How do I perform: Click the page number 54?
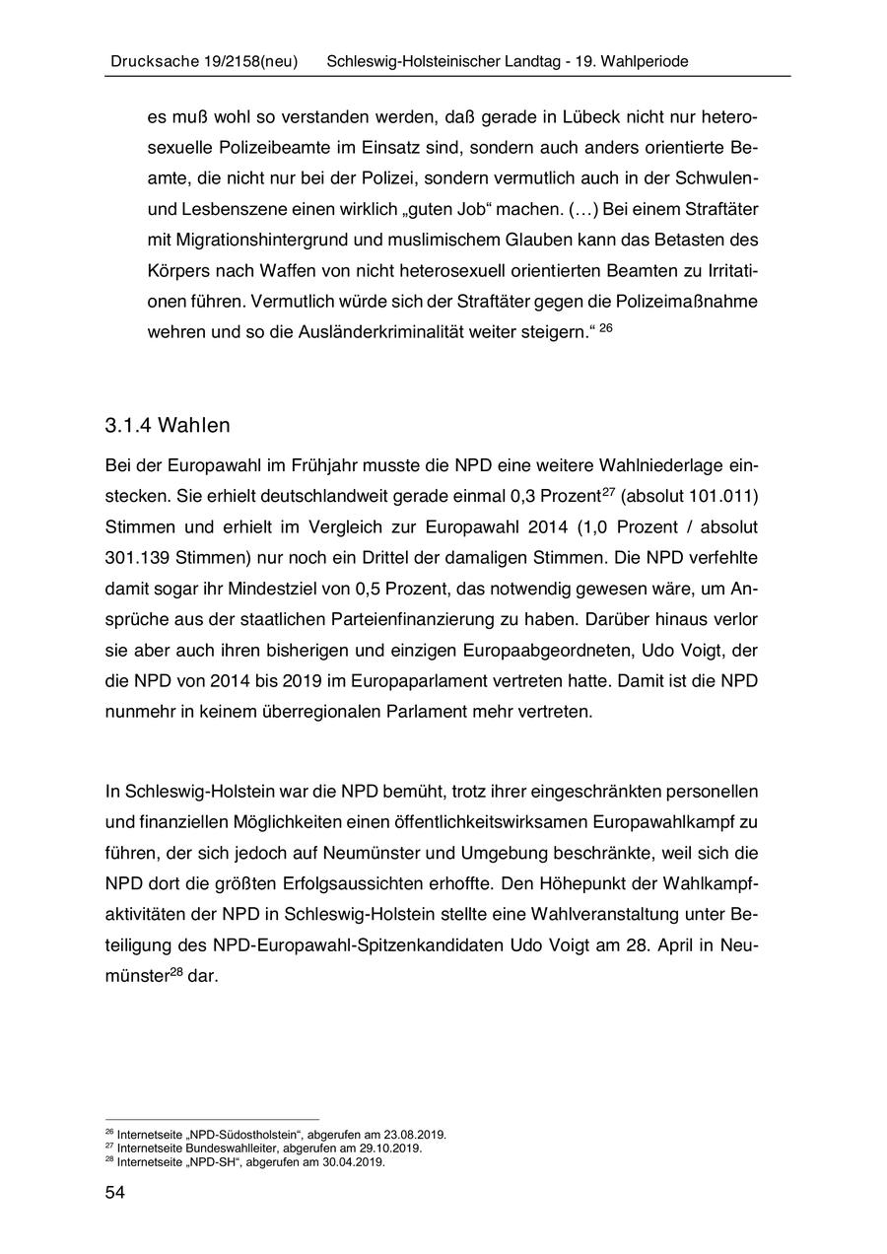click(114, 1194)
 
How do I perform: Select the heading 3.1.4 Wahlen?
click(167, 426)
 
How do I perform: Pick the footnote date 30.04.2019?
click(355, 1161)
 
